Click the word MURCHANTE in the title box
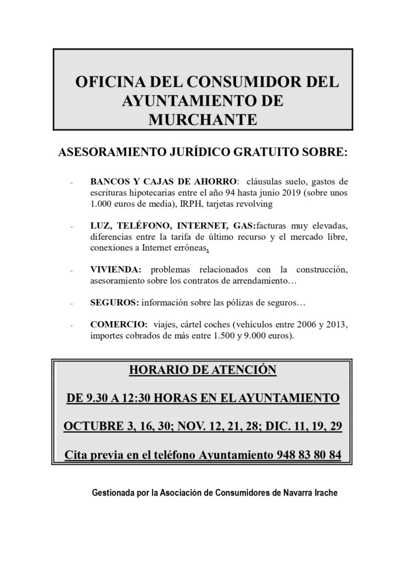pos(203,119)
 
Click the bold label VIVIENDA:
pos(114,270)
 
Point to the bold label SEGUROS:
pos(114,303)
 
